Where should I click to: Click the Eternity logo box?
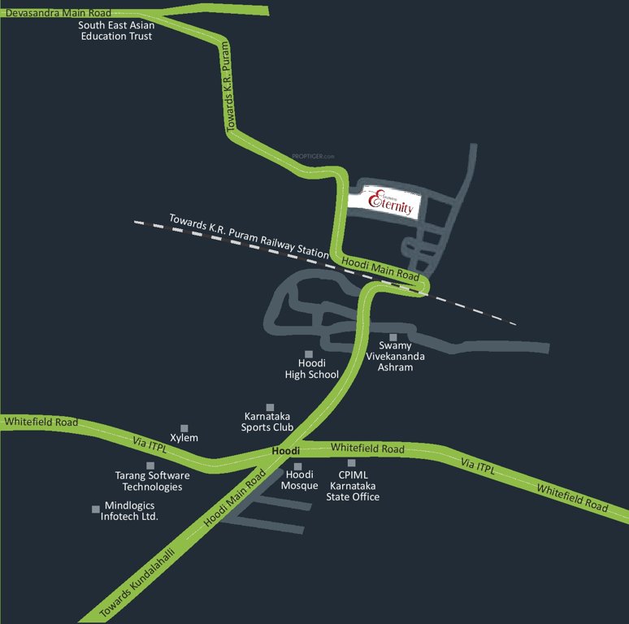384,201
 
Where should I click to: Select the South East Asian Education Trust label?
116,31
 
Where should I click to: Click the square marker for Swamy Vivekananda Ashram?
393,337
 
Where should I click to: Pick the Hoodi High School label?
311,369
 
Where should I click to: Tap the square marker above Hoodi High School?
309,353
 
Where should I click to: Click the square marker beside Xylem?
184,427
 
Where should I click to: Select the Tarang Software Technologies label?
152,481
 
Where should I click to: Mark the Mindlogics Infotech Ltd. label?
130,510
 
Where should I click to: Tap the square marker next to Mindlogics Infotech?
96,509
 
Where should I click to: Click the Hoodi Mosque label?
298,479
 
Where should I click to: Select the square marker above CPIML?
352,463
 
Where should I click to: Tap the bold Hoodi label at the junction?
286,450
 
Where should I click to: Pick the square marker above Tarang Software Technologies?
150,466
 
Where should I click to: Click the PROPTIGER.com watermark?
313,156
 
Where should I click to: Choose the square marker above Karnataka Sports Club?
271,407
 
